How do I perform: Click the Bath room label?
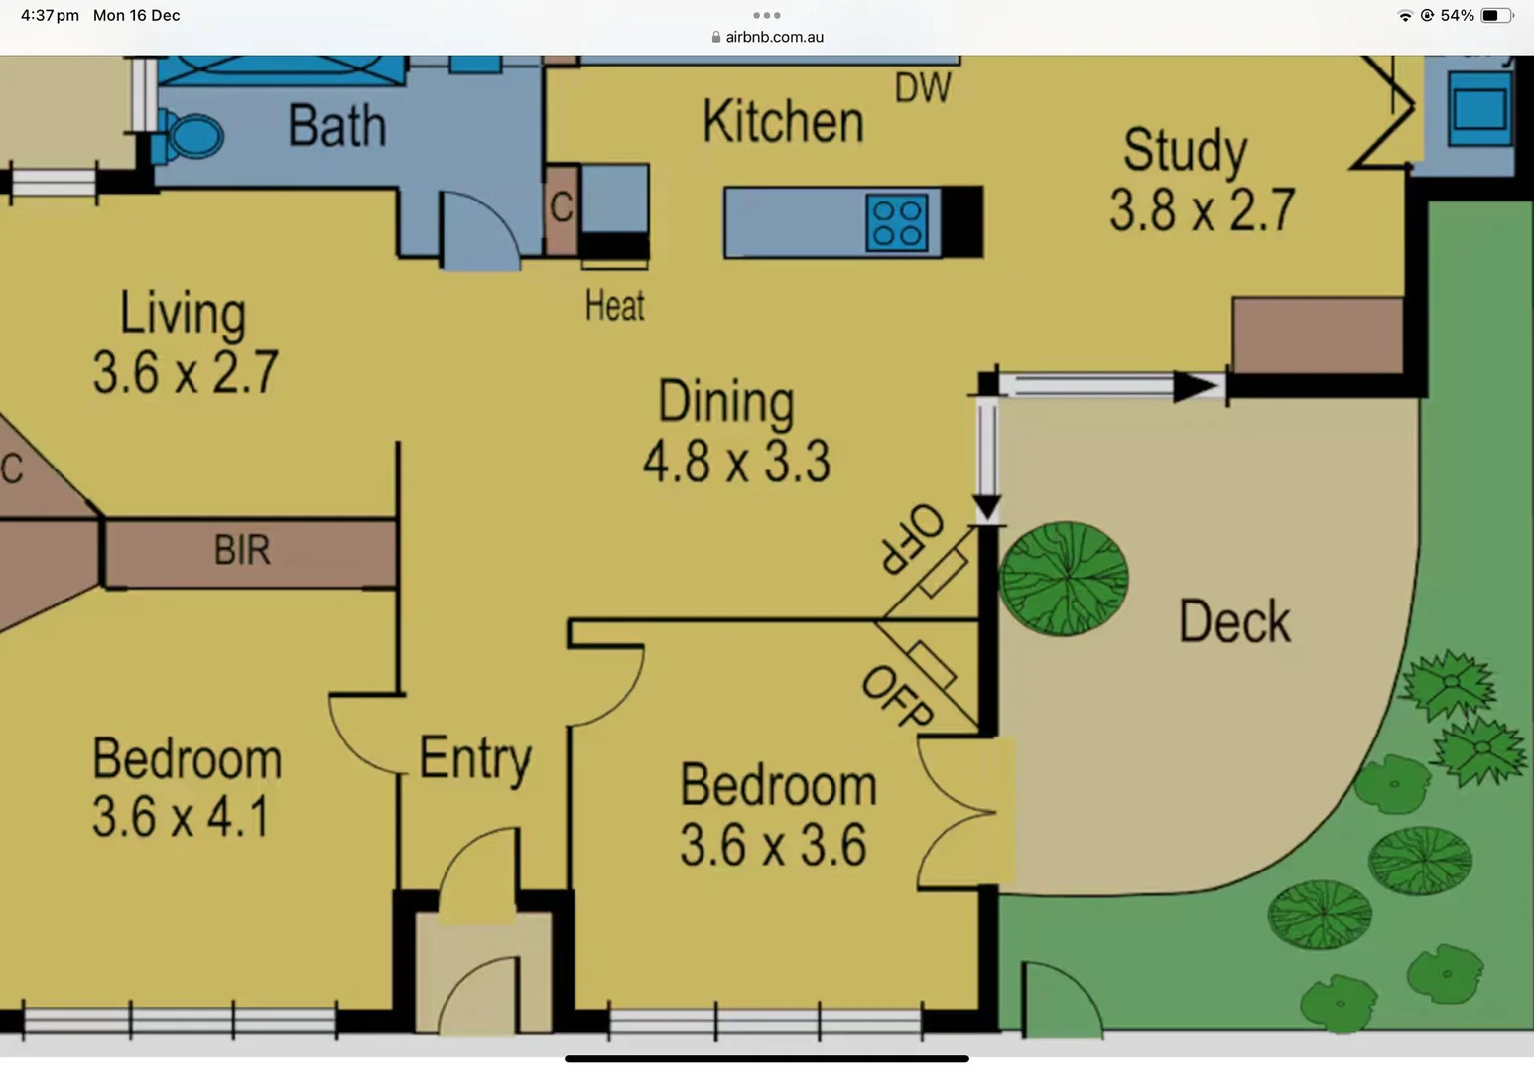coord(336,126)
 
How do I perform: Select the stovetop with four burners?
coord(897,221)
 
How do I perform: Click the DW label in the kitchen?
coord(922,88)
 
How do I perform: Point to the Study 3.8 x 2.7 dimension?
coord(1202,210)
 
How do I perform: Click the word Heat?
coord(614,306)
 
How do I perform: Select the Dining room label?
coord(726,403)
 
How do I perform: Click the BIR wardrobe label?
coord(242,550)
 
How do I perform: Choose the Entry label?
coord(474,759)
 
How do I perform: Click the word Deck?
coord(1234,623)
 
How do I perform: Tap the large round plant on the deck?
coord(1064,579)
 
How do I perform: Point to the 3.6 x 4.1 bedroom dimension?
coord(181,818)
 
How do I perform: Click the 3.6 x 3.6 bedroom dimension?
coord(773,846)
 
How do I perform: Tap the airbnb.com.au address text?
coord(774,37)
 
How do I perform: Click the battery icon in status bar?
coord(1496,15)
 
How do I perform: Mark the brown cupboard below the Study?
coord(1318,335)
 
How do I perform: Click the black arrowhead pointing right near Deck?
coord(1198,386)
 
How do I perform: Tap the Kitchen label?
coord(783,122)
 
